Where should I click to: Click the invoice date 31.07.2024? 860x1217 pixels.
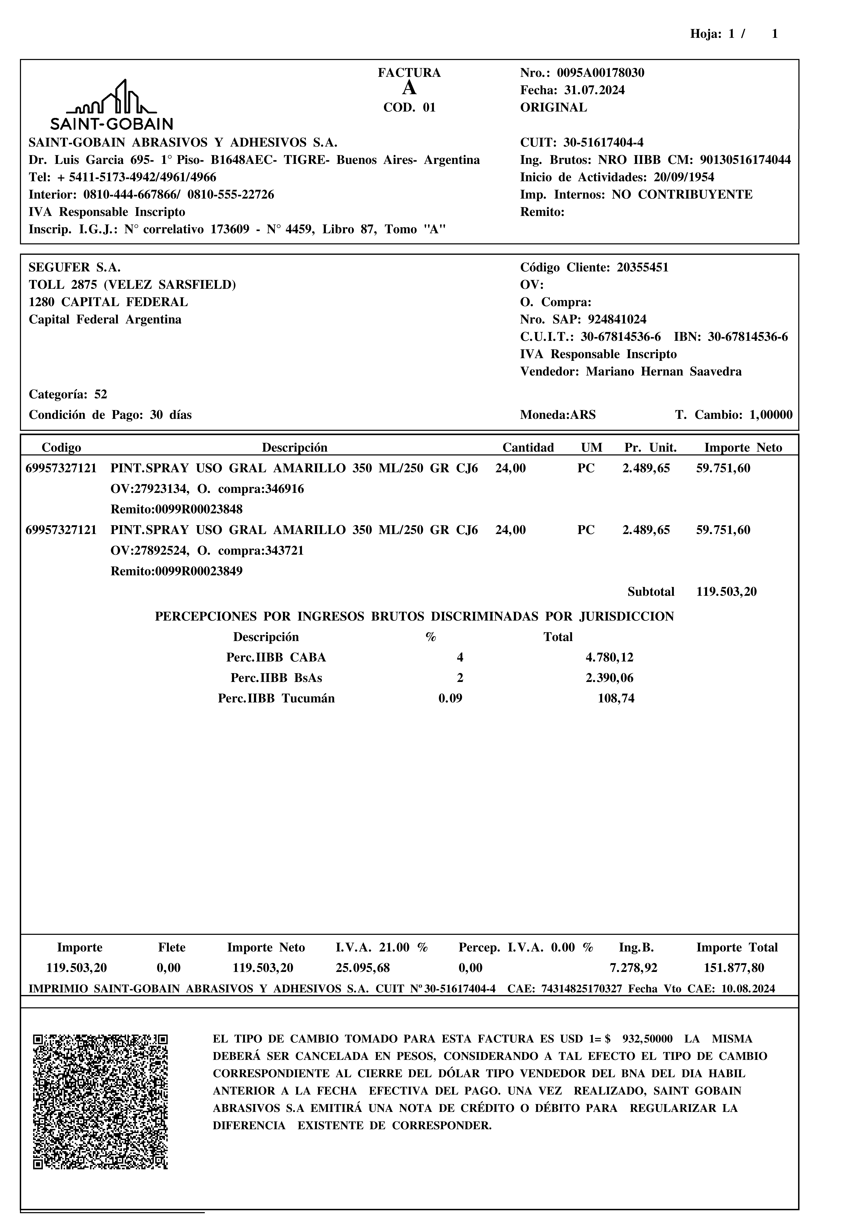[x=594, y=91]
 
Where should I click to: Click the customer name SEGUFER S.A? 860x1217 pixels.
[x=75, y=268]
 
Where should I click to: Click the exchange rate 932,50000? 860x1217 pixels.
[x=647, y=1039]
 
